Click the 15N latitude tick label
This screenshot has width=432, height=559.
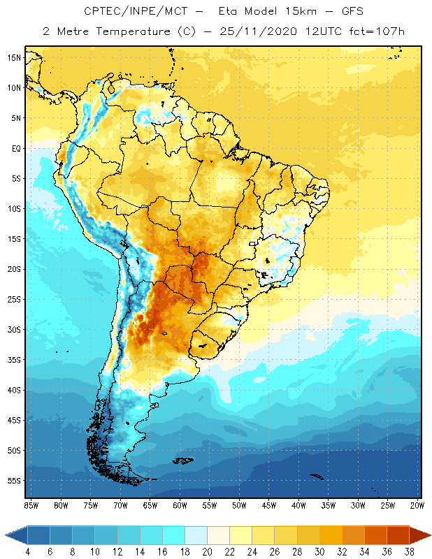coord(14,57)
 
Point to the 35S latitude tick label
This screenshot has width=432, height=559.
coord(14,360)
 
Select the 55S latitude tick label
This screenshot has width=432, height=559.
coord(14,481)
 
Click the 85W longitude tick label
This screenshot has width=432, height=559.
coord(31,504)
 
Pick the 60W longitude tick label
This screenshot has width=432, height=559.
coord(180,504)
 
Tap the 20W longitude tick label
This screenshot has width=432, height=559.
coord(417,504)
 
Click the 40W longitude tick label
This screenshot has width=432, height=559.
coord(298,504)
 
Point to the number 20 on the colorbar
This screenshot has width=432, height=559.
coord(208,552)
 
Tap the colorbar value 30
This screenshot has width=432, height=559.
coord(319,552)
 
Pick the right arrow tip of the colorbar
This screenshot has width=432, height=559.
coord(430,535)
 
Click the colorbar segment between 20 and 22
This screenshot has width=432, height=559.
coord(219,535)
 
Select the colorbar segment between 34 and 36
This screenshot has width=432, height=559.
coord(375,535)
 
